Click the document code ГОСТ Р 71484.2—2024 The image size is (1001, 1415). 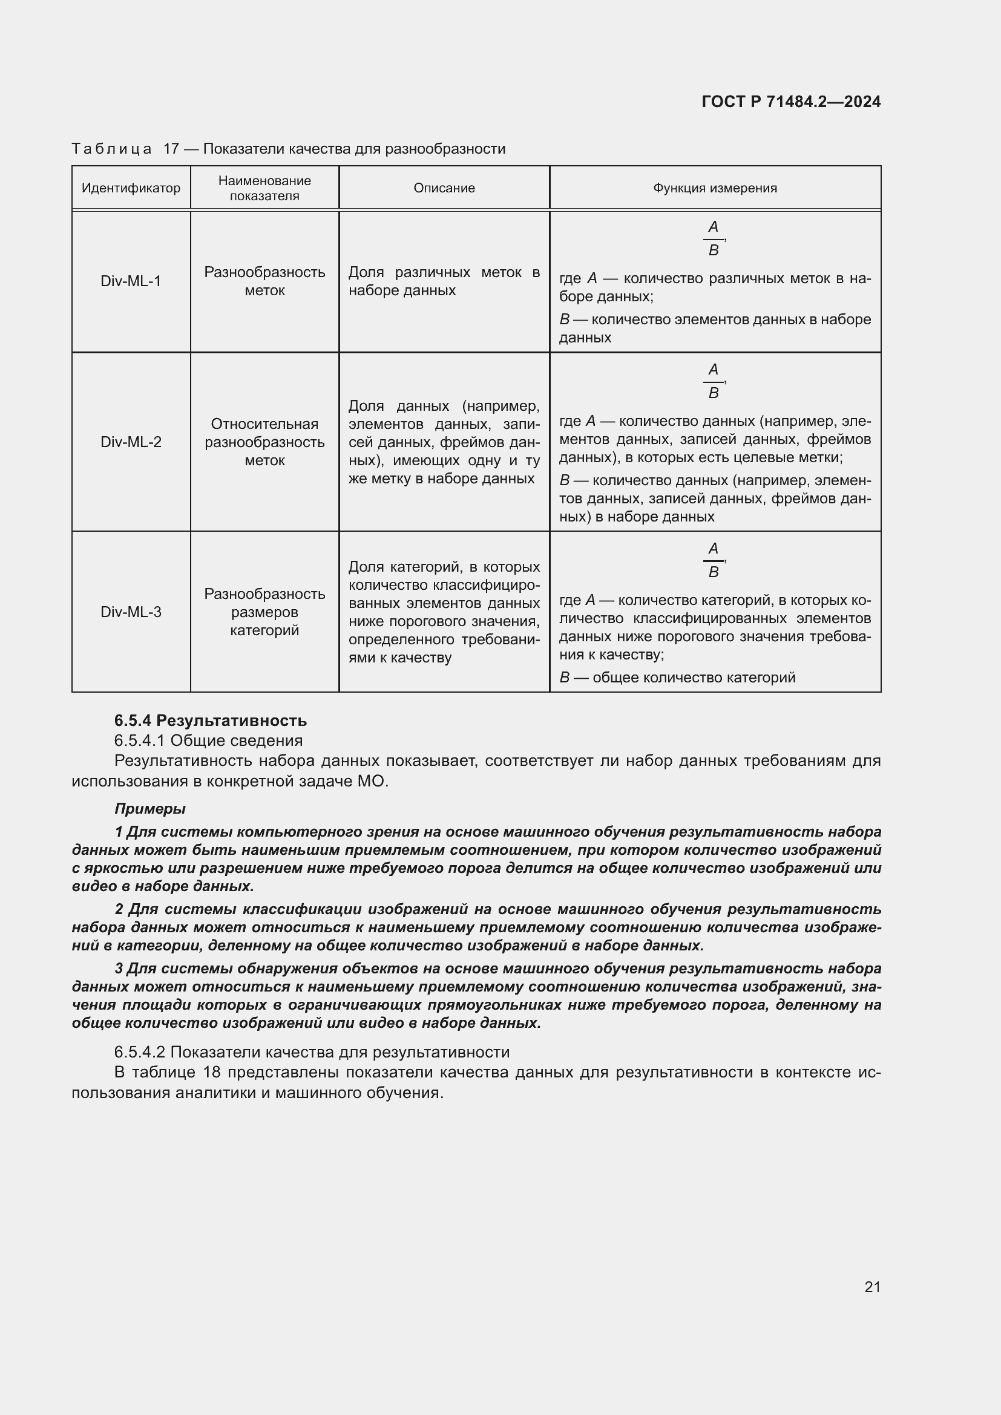coord(791,102)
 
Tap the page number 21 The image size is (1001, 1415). coord(872,1287)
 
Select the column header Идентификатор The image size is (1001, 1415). coord(131,188)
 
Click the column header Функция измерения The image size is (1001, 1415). coord(715,188)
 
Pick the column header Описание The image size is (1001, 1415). coord(444,188)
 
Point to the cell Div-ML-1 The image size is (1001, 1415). coord(131,281)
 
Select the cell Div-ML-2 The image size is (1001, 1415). coord(131,442)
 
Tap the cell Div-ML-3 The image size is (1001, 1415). coord(131,612)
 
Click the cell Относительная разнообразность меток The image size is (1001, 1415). coord(264,442)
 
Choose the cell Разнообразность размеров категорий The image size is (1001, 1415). coord(264,612)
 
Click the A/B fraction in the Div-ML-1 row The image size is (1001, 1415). coord(713,238)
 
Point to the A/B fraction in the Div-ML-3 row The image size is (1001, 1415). coord(713,560)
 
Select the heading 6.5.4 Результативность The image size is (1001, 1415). coord(210,721)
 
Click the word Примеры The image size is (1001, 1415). coord(149,809)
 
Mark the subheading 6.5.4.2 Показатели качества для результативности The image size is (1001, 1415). coord(312,1052)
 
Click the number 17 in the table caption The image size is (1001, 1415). coord(171,149)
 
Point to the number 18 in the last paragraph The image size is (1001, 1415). coord(211,1073)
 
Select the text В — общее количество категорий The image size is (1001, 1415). coord(677,678)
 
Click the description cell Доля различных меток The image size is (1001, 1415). coord(444,281)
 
